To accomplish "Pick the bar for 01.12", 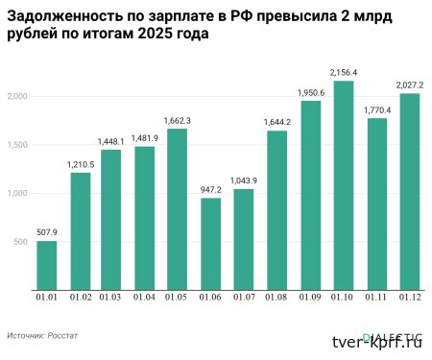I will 410,191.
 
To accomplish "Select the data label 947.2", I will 211,188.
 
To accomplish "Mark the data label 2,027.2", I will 410,84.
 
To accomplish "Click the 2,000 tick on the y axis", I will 20,97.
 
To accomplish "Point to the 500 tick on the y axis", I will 23,242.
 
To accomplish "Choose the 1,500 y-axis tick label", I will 20,145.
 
